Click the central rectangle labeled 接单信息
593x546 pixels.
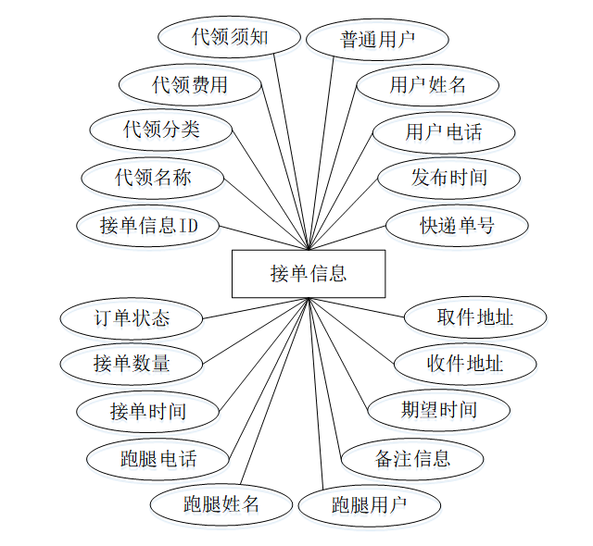click(309, 273)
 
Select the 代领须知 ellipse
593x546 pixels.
click(230, 38)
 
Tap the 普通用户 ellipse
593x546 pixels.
click(377, 40)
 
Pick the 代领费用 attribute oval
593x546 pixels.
click(190, 85)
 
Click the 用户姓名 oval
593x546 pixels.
click(428, 85)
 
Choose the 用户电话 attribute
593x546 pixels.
click(443, 131)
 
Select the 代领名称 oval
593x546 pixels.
click(153, 177)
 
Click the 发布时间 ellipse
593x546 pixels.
click(448, 177)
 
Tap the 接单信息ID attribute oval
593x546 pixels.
click(147, 225)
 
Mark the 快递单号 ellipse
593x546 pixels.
click(457, 225)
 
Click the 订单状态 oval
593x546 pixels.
click(132, 318)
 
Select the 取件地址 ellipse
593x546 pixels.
click(474, 317)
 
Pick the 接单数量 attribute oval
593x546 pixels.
click(132, 364)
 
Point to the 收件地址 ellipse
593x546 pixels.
click(465, 363)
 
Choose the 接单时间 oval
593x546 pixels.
click(147, 411)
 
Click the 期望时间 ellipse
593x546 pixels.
click(438, 409)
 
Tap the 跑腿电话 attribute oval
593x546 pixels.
click(158, 458)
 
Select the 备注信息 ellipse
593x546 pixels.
click(412, 457)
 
